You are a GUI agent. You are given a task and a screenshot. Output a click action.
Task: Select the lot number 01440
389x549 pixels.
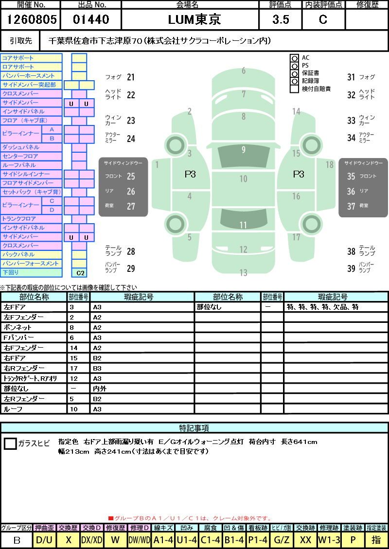click(x=91, y=19)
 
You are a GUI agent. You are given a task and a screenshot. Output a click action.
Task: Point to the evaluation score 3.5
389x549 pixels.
click(x=281, y=19)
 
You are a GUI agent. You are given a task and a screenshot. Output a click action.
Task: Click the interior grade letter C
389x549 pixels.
click(x=323, y=19)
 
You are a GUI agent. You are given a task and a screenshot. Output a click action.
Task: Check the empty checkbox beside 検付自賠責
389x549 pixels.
click(x=295, y=89)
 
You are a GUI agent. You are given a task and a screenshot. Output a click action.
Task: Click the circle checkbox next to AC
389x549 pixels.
click(x=295, y=58)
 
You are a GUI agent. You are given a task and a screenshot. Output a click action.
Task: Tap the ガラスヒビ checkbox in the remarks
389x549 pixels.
click(x=10, y=443)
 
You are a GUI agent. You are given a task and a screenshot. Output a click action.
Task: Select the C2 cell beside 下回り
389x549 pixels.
click(x=80, y=273)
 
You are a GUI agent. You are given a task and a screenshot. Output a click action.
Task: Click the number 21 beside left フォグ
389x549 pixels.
click(x=131, y=77)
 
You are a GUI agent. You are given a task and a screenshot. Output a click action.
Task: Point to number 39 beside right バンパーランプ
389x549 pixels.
click(x=351, y=268)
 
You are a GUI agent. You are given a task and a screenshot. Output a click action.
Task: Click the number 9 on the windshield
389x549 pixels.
click(x=243, y=150)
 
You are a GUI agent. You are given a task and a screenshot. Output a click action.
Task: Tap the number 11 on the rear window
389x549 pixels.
click(x=243, y=225)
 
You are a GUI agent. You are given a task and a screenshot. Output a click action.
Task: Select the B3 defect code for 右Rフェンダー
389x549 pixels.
click(x=97, y=368)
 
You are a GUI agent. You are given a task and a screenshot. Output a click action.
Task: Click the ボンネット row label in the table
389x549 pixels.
click(x=18, y=327)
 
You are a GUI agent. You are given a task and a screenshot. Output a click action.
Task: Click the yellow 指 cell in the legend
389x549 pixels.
click(x=376, y=540)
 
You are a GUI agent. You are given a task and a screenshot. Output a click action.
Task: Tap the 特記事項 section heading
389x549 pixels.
click(x=194, y=428)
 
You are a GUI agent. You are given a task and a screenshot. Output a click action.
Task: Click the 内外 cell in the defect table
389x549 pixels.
click(x=100, y=389)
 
